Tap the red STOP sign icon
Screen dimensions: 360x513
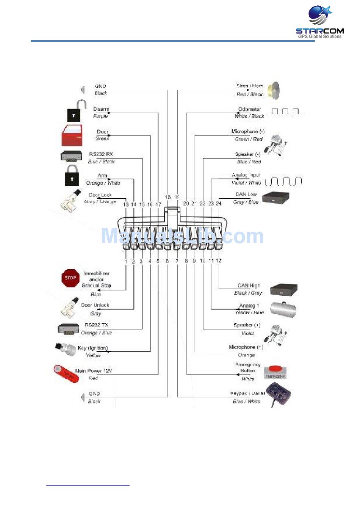[x=70, y=278]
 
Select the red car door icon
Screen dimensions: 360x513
[x=72, y=135]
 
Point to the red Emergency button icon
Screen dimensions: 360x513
[x=275, y=372]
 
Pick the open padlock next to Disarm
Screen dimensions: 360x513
[x=74, y=111]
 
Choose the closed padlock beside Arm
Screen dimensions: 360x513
[x=72, y=175]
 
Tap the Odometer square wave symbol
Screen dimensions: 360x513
[x=285, y=111]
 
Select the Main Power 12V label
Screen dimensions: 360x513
[x=94, y=371]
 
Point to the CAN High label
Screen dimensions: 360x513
[x=249, y=286]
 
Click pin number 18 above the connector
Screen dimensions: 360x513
[x=168, y=197]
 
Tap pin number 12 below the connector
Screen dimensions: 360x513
[x=219, y=260]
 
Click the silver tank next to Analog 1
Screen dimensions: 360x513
[x=283, y=309]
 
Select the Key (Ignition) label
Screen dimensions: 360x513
[x=93, y=348]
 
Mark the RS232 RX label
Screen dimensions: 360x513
[x=101, y=154]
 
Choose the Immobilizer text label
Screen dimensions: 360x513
[x=97, y=273]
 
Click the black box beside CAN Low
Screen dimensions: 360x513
[x=275, y=198]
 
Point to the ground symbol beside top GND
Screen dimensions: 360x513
[x=83, y=90]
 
